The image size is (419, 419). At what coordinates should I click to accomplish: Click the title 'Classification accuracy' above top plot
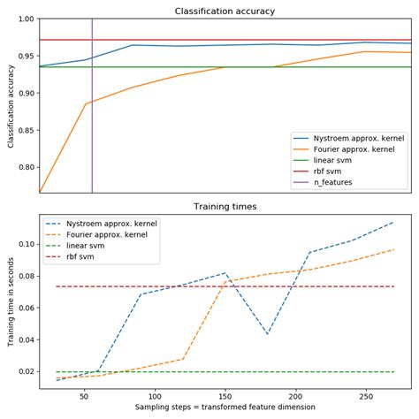225,10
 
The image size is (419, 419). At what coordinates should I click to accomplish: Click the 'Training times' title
225,206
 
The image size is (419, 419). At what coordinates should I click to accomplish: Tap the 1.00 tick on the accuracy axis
26,19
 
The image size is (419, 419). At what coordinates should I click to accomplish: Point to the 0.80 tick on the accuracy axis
26,167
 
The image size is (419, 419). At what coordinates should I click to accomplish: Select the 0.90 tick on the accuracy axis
26,93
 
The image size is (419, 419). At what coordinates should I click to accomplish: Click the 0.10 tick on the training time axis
26,244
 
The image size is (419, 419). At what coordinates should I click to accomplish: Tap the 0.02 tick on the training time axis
26,371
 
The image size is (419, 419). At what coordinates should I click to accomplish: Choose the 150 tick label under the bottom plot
225,397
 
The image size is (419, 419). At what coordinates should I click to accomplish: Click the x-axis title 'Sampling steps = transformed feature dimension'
225,409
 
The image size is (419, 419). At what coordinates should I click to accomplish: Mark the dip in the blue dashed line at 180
267,334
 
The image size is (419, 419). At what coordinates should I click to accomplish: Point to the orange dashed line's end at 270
394,249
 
